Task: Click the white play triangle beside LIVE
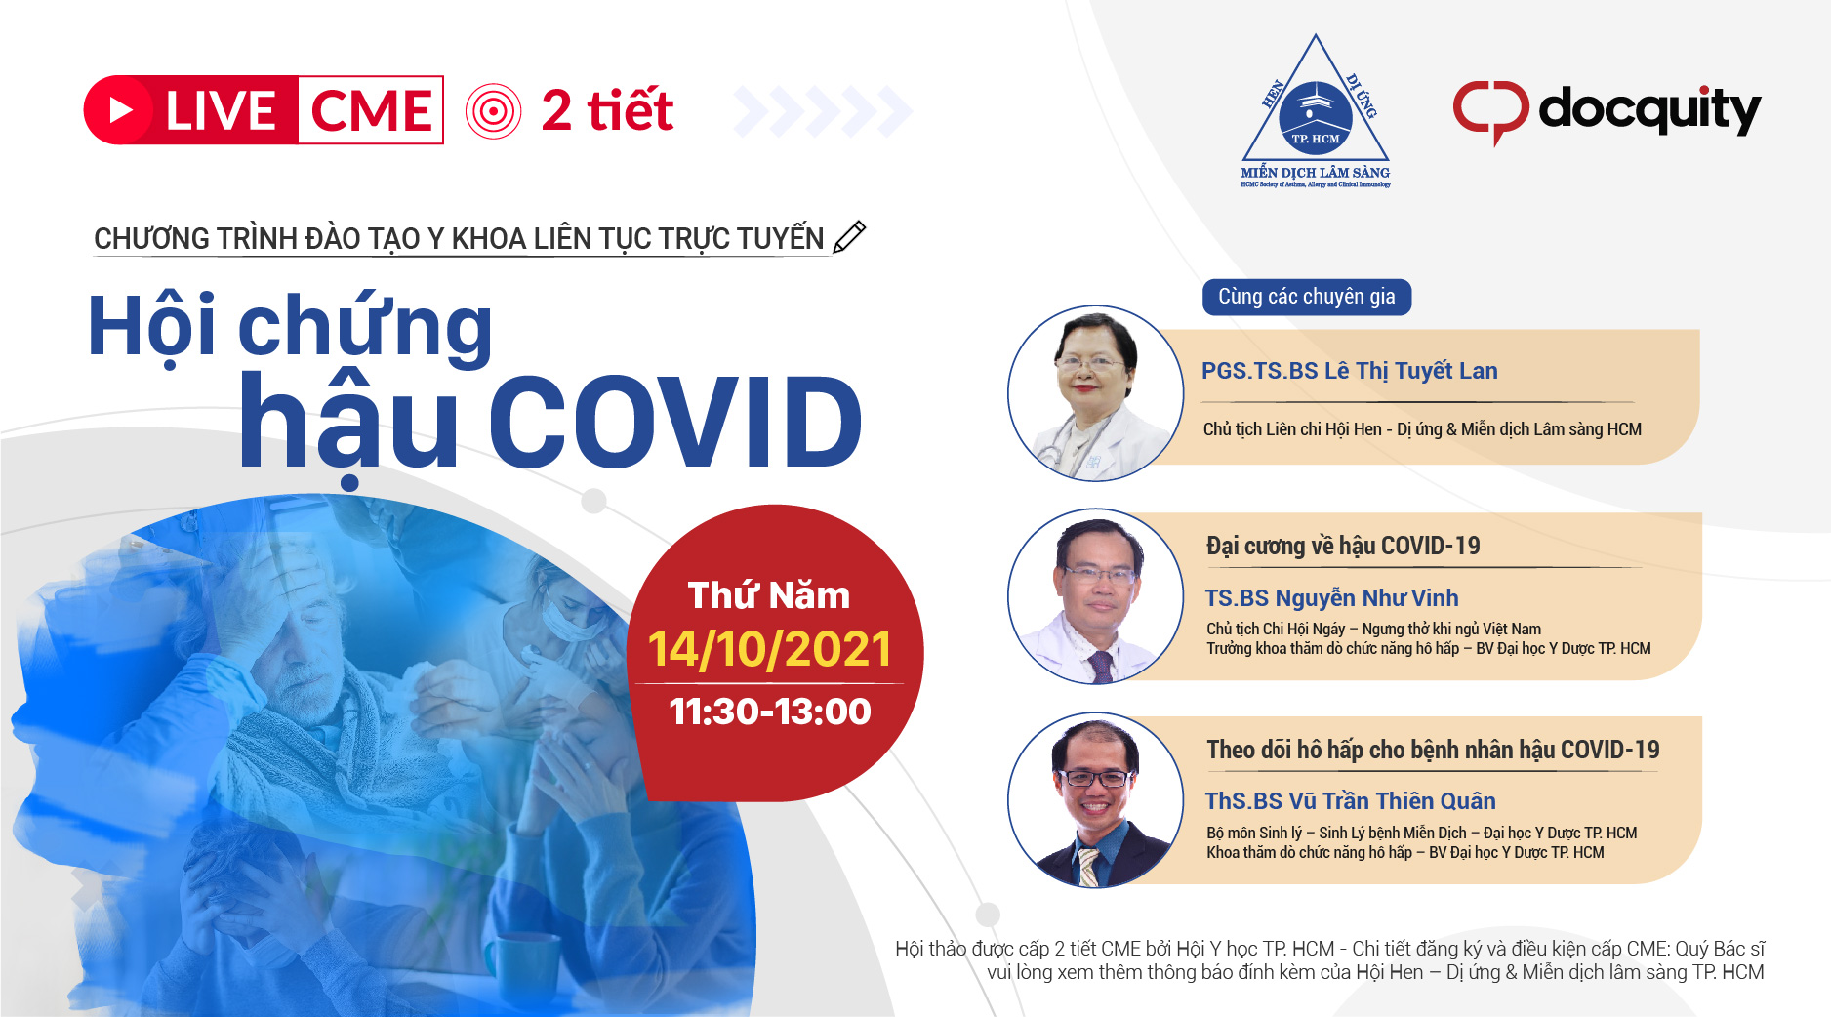121,110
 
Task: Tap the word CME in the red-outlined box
371,110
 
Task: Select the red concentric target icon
494,111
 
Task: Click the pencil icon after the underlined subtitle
849,237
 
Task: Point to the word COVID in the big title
674,422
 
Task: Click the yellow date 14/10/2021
769,649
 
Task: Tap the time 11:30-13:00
770,712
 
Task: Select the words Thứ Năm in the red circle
769,594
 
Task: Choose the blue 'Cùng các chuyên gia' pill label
1307,297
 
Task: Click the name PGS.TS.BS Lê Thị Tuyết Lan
1349,371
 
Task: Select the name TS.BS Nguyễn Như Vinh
1331,597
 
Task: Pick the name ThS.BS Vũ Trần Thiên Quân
1350,801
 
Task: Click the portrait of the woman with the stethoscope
1095,393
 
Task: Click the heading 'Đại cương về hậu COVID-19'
1343,546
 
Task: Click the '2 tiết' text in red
607,110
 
